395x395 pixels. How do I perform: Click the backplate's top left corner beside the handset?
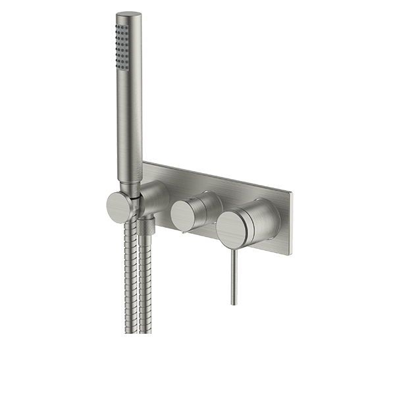click(x=145, y=162)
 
